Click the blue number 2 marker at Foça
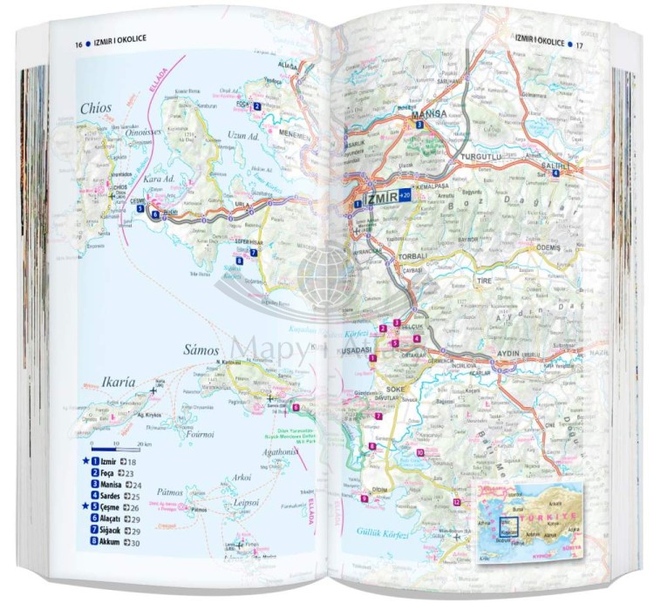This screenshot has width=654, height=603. click(x=258, y=106)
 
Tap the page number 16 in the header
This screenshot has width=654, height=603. click(x=78, y=44)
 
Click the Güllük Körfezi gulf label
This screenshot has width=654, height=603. click(x=364, y=530)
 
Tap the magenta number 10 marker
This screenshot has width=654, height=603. click(x=419, y=452)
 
